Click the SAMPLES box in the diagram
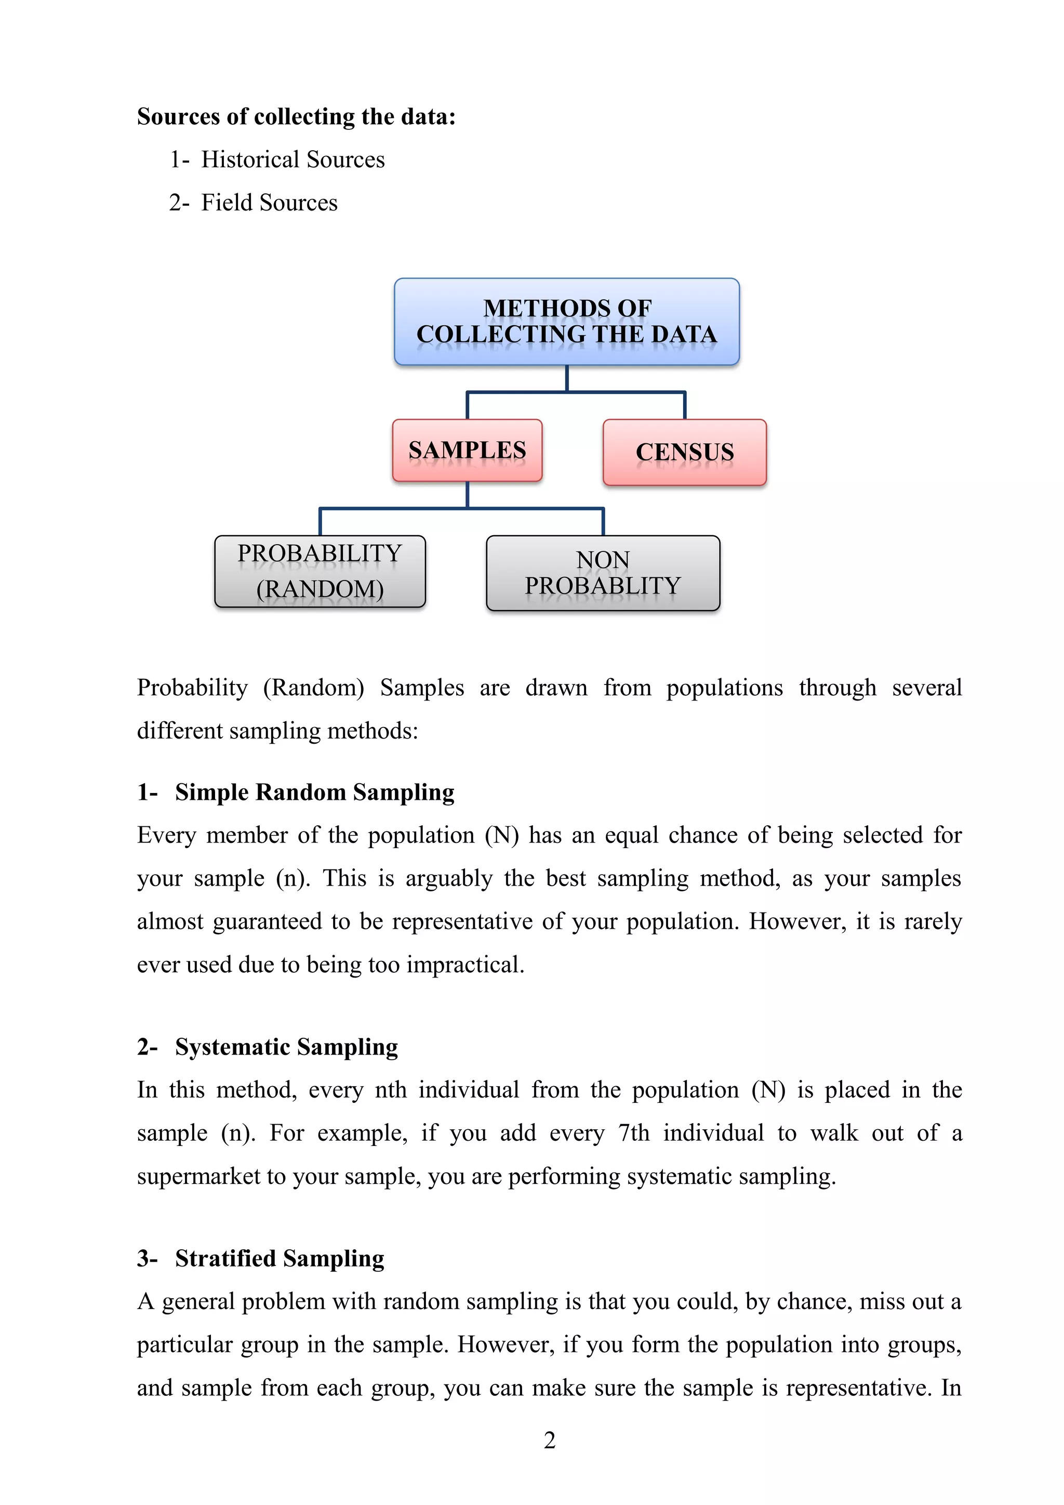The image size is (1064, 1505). coord(467,451)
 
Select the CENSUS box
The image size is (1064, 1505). coord(685,452)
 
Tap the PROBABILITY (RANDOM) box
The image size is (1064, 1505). coord(320,572)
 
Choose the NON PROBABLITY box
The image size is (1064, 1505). coord(603,573)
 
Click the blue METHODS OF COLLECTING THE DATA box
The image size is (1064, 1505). coord(567,321)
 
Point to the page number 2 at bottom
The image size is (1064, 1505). coord(550,1440)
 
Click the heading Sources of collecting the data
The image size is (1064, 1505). coord(296,117)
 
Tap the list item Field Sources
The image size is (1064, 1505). coord(269,203)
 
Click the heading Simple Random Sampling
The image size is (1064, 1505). coord(314,793)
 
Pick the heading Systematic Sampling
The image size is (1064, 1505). coord(286,1047)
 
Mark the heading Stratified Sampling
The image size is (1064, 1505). coord(279,1259)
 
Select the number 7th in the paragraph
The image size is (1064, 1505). coord(633,1133)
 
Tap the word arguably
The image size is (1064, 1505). coord(449,878)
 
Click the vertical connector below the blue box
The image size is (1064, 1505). coord(567,379)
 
